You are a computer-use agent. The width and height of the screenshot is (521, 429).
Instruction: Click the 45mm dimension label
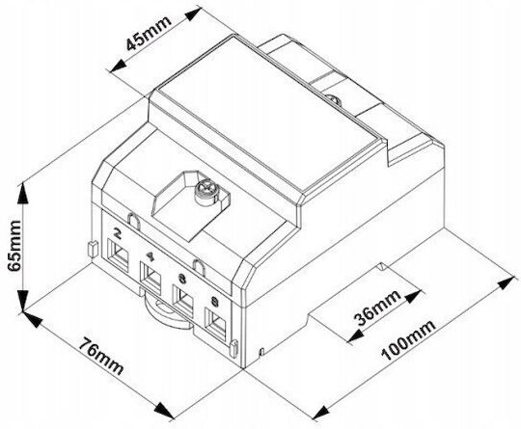click(x=149, y=32)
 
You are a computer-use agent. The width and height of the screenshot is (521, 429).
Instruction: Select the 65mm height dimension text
click(x=14, y=246)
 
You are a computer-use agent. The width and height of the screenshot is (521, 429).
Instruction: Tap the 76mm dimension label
click(x=101, y=356)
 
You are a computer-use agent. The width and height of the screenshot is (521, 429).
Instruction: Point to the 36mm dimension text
click(x=378, y=308)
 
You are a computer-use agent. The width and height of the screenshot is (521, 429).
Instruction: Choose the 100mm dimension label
click(x=408, y=340)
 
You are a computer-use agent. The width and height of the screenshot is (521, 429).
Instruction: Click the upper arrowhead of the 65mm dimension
click(x=22, y=193)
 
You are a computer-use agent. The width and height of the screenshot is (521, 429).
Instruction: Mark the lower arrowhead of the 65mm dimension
click(x=22, y=301)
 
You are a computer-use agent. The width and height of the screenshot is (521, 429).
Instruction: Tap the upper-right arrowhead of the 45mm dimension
click(x=193, y=13)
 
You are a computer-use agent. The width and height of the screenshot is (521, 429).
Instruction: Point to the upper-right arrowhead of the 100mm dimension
click(x=507, y=282)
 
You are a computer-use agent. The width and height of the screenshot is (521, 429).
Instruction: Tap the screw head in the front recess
click(x=206, y=190)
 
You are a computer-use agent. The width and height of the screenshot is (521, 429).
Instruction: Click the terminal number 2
click(x=118, y=233)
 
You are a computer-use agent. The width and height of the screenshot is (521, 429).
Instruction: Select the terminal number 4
click(x=151, y=256)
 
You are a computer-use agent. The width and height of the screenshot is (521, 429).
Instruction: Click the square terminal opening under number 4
click(x=151, y=278)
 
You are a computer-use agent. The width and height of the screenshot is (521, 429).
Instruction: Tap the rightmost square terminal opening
click(x=216, y=324)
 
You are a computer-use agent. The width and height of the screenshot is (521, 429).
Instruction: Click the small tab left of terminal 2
click(x=92, y=249)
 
